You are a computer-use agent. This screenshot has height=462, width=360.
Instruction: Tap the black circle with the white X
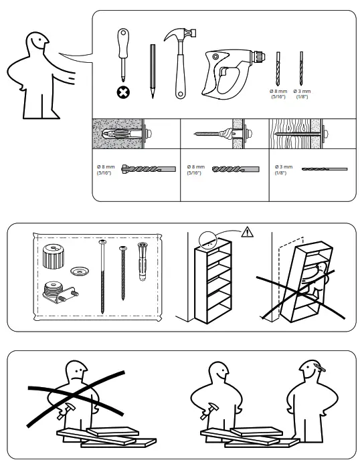tap(124, 93)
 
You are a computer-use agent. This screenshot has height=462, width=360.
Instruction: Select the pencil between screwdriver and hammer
tap(153, 71)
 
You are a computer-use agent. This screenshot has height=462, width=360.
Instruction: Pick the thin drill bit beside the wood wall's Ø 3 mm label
tap(324, 169)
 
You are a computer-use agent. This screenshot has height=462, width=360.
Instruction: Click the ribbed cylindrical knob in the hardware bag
tap(52, 255)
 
